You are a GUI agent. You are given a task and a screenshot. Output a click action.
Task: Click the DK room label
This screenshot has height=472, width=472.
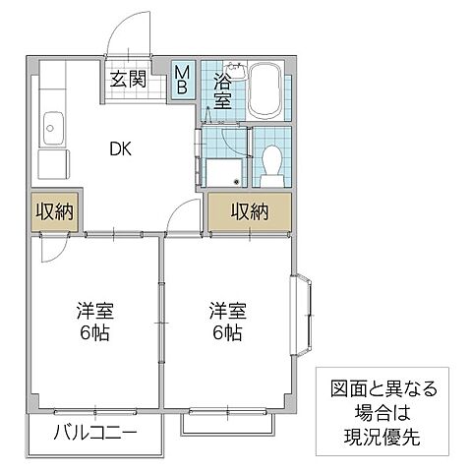(121, 149)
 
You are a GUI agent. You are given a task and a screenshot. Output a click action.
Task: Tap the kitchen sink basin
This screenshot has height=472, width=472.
(53, 127)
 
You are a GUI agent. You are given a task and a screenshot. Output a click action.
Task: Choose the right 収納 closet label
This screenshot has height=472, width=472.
(250, 210)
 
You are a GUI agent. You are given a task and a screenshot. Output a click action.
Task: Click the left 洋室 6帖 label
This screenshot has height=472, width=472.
(95, 323)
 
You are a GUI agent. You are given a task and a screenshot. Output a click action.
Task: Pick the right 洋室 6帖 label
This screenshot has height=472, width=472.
(227, 323)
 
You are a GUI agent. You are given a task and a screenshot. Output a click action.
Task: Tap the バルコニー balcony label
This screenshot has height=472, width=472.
(93, 432)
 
